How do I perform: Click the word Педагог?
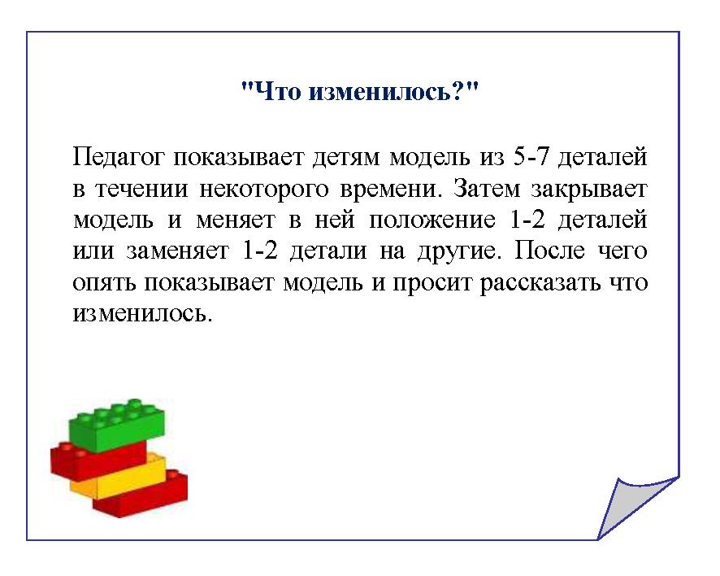point(118,158)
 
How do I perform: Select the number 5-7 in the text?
point(531,157)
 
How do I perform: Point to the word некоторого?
point(264,190)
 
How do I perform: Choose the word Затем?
point(487,188)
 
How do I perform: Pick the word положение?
point(432,220)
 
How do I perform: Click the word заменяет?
point(177,251)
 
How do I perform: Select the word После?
point(549,251)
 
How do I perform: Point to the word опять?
point(104,283)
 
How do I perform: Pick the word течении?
point(142,190)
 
